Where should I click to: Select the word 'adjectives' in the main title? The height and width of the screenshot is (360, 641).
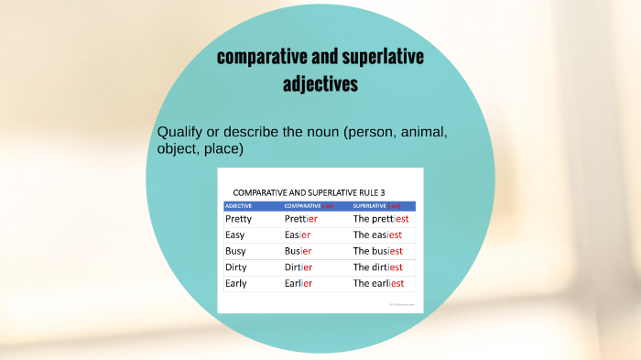[x=320, y=84]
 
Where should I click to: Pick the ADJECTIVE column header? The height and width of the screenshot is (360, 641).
[x=239, y=205]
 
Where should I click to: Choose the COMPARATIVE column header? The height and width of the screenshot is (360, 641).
[x=302, y=205]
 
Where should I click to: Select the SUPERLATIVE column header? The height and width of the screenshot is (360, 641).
[x=372, y=205]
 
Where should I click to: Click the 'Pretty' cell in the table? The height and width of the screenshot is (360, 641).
[x=238, y=219]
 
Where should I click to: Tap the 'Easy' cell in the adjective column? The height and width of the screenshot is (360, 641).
[x=235, y=235]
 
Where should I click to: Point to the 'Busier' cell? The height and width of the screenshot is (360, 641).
[x=299, y=251]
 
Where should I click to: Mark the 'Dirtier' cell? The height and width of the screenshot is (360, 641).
[x=299, y=267]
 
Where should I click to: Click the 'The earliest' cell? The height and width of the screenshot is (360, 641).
[x=378, y=284]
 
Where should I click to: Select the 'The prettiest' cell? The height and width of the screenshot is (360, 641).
[x=380, y=219]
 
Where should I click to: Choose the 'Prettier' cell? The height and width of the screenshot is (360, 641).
[x=301, y=219]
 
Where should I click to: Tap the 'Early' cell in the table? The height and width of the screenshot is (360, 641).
[x=236, y=284]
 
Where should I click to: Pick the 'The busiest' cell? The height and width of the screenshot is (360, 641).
[x=378, y=251]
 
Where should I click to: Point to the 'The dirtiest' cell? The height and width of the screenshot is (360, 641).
[x=378, y=267]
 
